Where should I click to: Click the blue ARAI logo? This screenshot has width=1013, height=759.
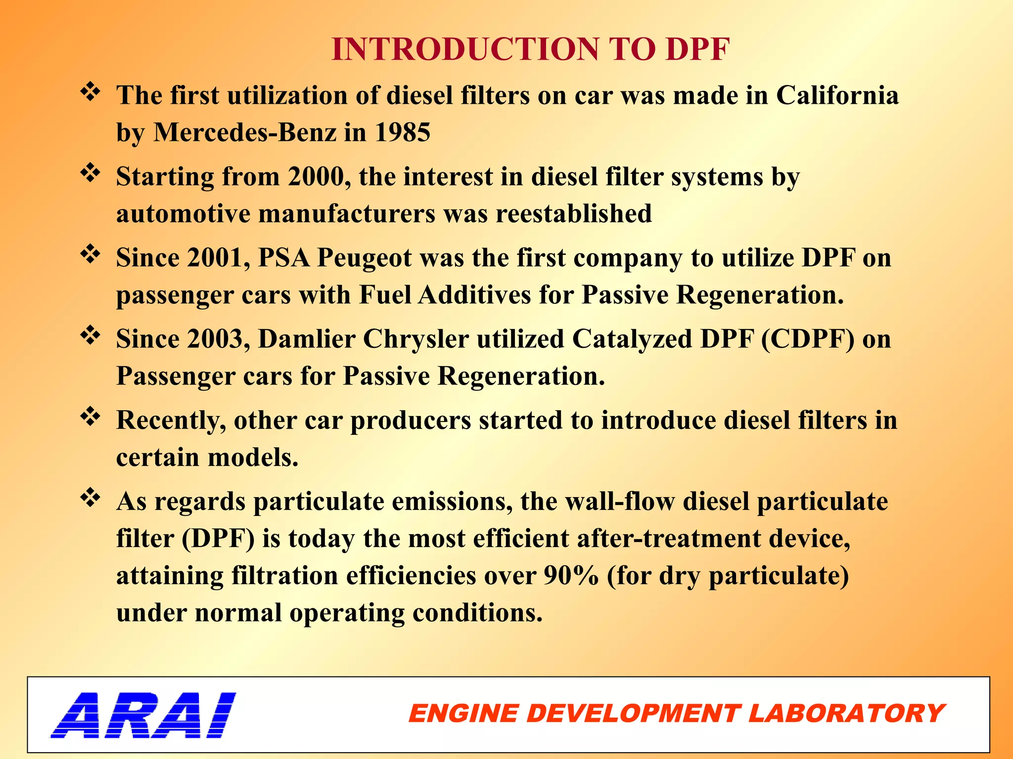pyautogui.click(x=143, y=715)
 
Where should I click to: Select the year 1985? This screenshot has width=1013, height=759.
pyautogui.click(x=402, y=132)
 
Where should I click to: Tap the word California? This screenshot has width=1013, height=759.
pyautogui.click(x=837, y=95)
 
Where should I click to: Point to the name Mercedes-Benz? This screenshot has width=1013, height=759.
pyautogui.click(x=244, y=132)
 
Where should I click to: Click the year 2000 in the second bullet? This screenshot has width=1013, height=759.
pyautogui.click(x=316, y=177)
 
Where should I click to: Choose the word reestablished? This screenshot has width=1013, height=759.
pyautogui.click(x=574, y=214)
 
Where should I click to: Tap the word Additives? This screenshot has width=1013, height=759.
pyautogui.click(x=474, y=295)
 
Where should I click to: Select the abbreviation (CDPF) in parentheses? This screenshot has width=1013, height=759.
pyautogui.click(x=807, y=339)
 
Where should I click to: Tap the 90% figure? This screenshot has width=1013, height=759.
pyautogui.click(x=571, y=576)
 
